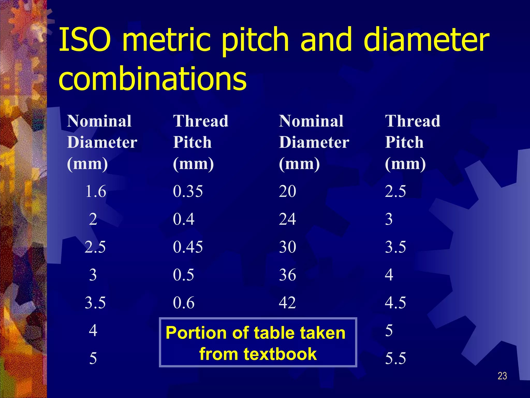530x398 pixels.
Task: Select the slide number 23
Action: coord(502,376)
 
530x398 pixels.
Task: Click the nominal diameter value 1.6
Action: coord(95,191)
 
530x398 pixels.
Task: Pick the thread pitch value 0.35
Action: coord(188,191)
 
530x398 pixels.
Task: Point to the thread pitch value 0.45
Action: coord(188,247)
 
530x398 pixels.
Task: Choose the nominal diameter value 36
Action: coord(288,275)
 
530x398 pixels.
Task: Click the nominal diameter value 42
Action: coord(288,302)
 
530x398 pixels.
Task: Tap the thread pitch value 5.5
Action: coord(395,358)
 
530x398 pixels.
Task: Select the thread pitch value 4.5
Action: coord(395,302)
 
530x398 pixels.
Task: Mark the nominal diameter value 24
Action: coord(288,219)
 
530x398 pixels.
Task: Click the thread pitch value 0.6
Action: coord(184,302)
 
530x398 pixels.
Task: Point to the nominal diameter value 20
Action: coord(288,191)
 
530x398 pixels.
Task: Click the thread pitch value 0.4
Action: coord(184,219)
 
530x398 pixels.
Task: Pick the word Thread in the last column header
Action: coord(413,121)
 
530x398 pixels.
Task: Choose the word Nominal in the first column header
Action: coord(99,121)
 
